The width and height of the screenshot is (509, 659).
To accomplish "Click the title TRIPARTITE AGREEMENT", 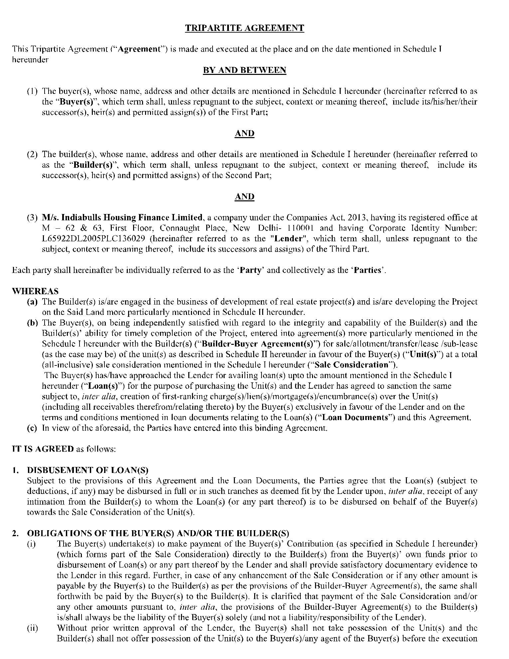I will click(x=245, y=28).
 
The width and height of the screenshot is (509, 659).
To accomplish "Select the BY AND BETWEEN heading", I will click(x=245, y=70).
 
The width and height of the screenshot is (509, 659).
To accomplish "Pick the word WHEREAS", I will click(x=35, y=291).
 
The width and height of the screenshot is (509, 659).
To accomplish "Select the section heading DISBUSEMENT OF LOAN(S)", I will click(x=88, y=470).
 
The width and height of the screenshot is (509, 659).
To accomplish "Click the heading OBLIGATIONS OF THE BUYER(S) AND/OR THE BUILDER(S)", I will click(x=158, y=533).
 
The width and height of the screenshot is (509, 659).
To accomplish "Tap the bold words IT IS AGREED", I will click(x=43, y=449).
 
